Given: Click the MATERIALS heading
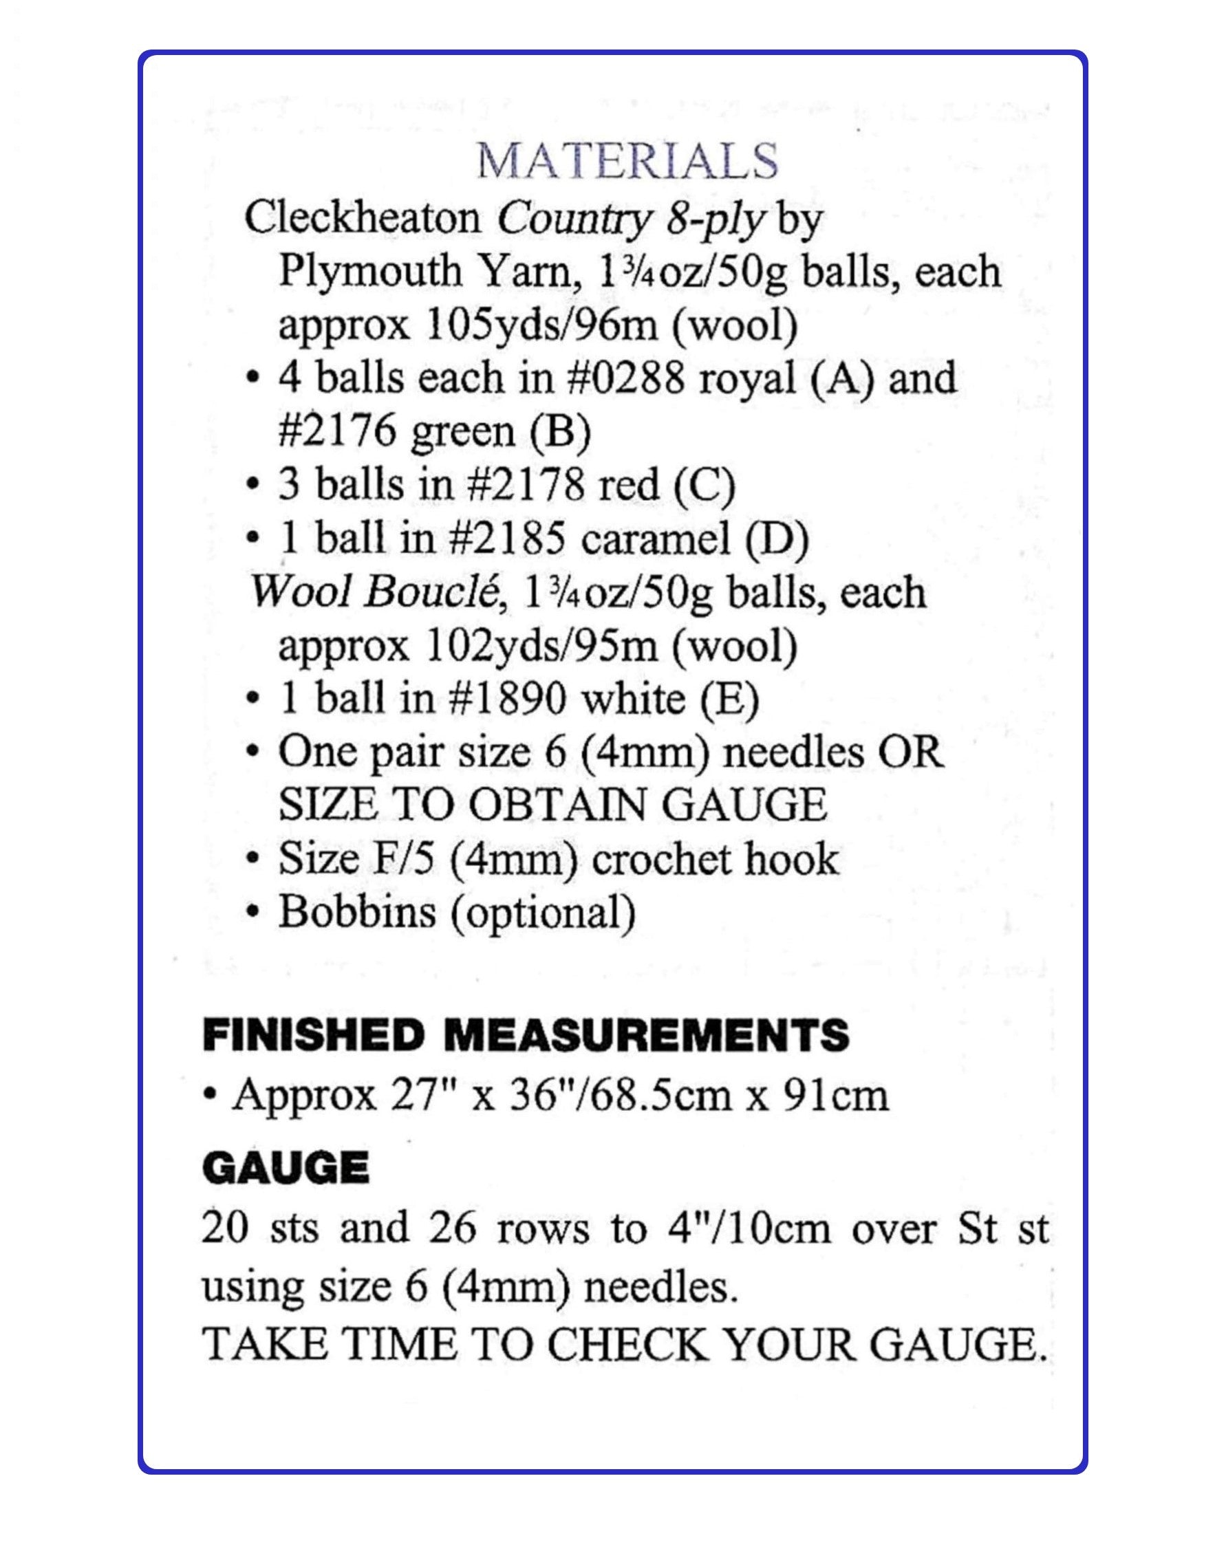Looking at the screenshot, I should [x=627, y=162].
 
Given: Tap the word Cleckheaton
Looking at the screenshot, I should [x=362, y=217].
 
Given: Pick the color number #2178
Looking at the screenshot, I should [x=526, y=486].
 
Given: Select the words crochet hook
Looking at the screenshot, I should [x=715, y=859].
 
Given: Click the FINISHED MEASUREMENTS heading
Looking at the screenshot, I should [x=526, y=1037].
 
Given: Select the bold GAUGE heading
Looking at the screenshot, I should [x=286, y=1169].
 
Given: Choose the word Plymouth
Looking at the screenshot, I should [x=369, y=272].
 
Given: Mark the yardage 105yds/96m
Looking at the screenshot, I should [x=541, y=326].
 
